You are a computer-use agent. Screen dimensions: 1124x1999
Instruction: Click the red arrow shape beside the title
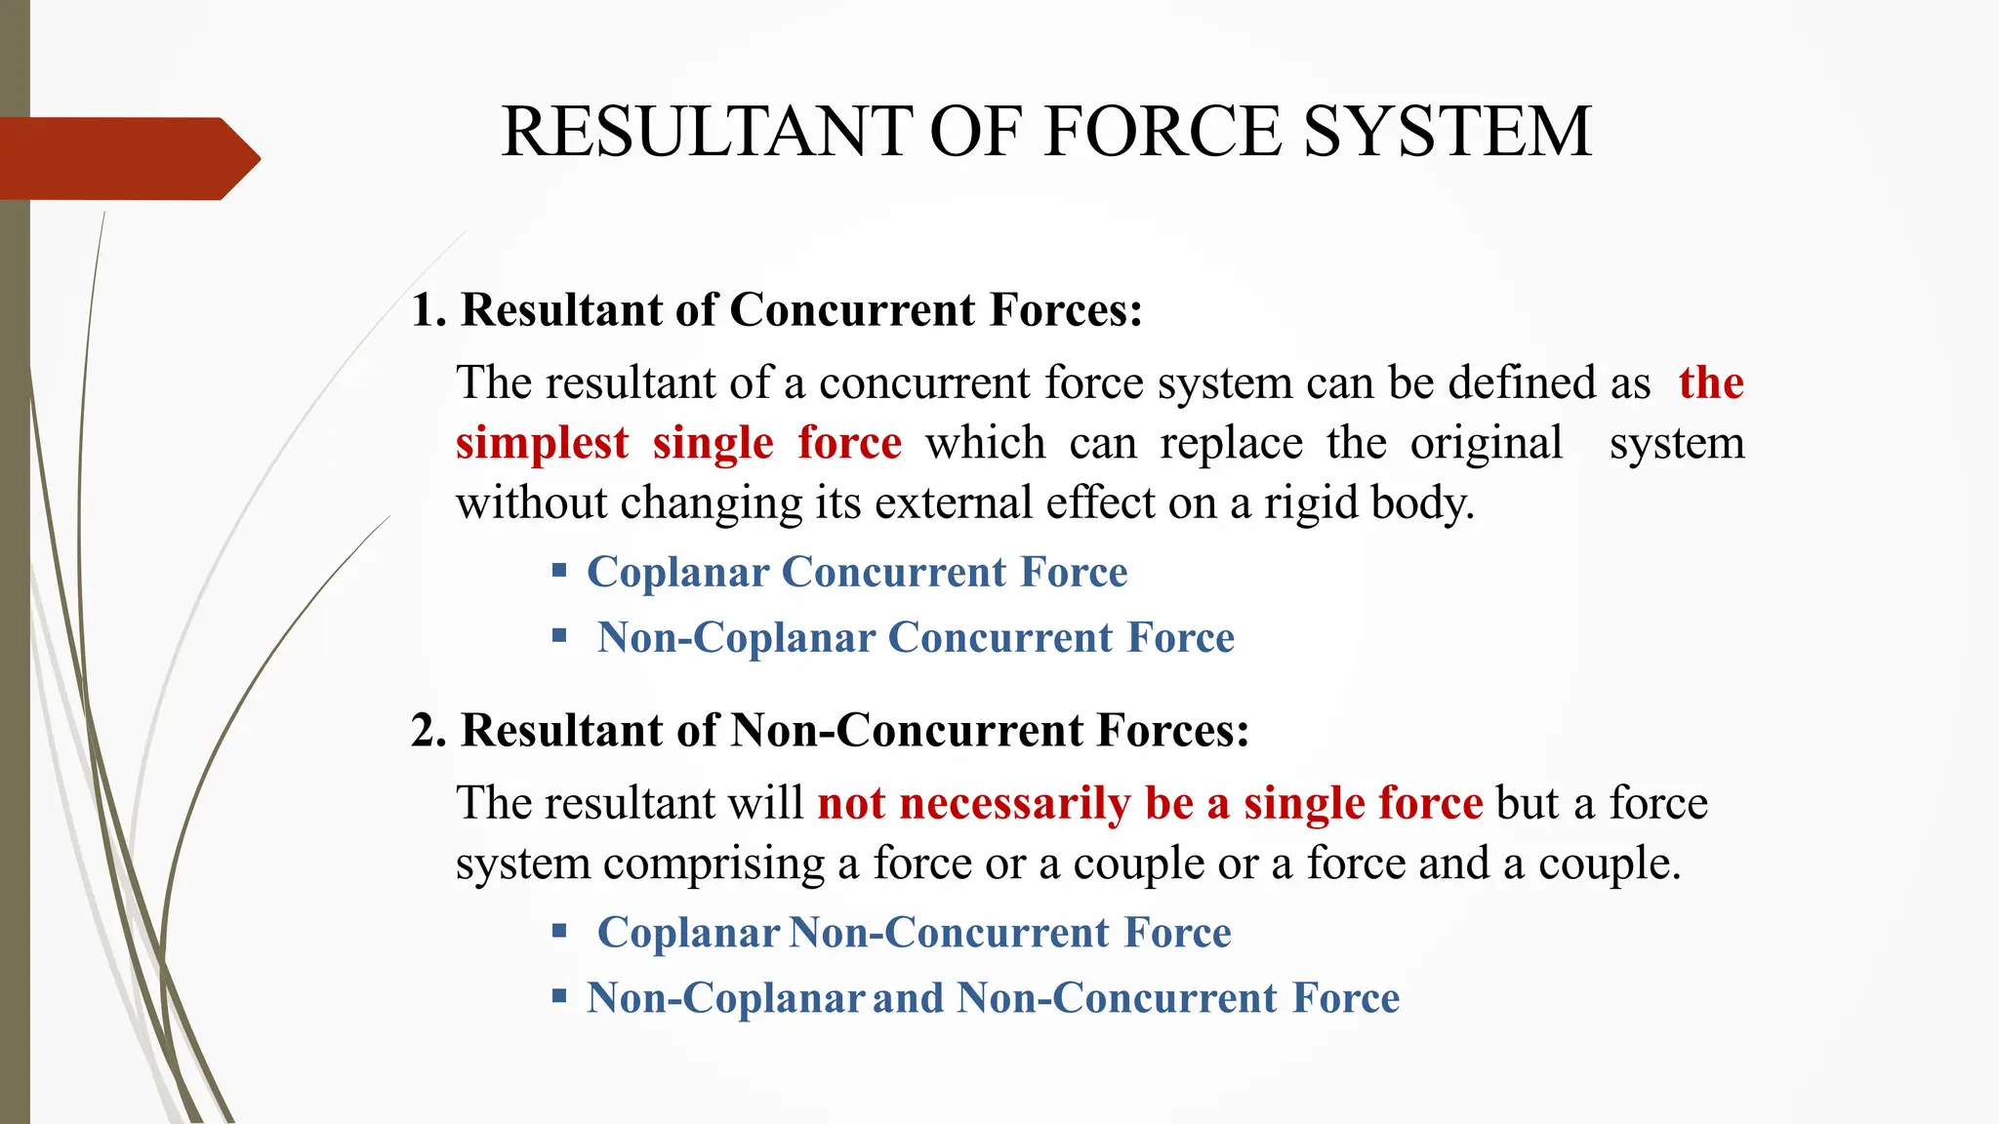[x=127, y=158]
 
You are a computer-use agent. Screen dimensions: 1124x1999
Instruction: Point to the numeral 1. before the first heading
[x=428, y=311]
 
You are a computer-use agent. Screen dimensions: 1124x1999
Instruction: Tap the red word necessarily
[x=1014, y=804]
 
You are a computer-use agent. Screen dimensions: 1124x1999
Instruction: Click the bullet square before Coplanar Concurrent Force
[x=559, y=570]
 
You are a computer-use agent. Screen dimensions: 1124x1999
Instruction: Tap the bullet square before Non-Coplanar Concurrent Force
[x=559, y=636]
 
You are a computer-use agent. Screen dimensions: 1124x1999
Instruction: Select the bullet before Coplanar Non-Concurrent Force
[x=559, y=931]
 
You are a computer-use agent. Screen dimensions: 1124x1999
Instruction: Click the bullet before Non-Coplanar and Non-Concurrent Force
[x=559, y=996]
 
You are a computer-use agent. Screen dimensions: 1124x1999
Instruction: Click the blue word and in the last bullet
[x=908, y=998]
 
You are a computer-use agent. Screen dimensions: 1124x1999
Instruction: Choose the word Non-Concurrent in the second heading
[x=907, y=731]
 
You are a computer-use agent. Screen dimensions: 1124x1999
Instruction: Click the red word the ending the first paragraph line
[x=1710, y=382]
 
